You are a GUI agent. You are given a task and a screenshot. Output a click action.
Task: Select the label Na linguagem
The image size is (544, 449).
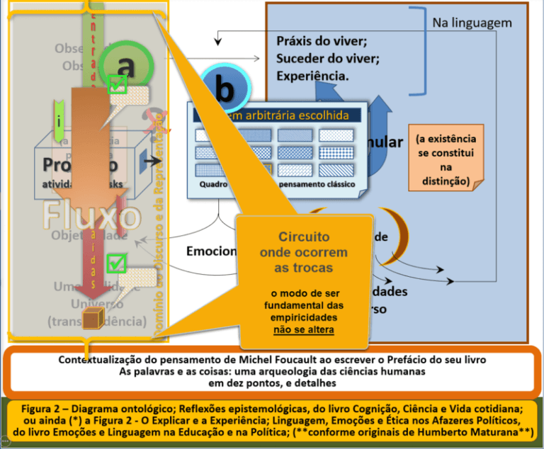[472, 23]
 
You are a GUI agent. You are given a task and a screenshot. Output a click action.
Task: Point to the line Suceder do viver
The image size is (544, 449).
[327, 58]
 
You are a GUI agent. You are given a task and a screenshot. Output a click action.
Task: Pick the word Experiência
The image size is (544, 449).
[312, 75]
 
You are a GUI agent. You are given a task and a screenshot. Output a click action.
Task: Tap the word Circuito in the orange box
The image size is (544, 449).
[303, 237]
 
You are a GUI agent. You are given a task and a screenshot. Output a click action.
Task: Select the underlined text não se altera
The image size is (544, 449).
[303, 329]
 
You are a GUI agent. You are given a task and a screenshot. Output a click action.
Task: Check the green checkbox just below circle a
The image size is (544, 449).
[117, 86]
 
